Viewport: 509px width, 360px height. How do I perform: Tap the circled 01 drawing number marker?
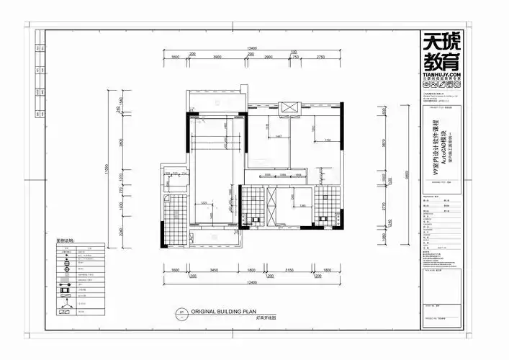click(183, 313)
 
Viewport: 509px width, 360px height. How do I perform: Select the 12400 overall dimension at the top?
click(251, 48)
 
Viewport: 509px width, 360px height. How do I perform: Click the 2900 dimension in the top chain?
click(268, 57)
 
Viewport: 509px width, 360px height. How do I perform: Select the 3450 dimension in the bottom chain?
click(213, 271)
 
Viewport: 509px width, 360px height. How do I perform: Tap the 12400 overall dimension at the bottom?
click(251, 282)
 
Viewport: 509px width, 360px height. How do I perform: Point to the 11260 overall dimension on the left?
click(106, 168)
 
